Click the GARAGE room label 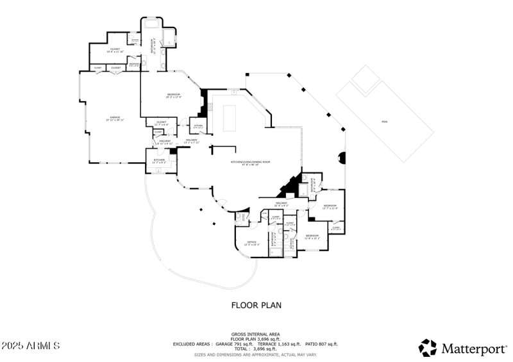pos(116,119)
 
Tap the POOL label pos(384,120)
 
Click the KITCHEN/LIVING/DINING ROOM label pos(251,162)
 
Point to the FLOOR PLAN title pos(256,306)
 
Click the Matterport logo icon pos(428,347)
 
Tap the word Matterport pos(473,349)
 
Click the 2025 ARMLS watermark pos(31,346)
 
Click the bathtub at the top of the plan pos(153,24)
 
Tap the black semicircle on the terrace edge pos(342,158)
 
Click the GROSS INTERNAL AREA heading pos(256,334)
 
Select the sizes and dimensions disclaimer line pos(256,354)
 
